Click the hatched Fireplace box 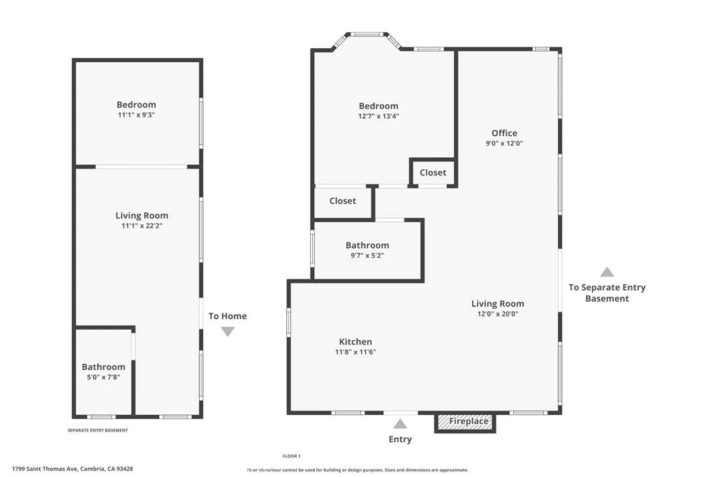click(464, 422)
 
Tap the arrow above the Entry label click(400, 424)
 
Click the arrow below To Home click(228, 332)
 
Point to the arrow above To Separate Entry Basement click(607, 272)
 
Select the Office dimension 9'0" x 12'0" click(504, 143)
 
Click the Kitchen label click(355, 342)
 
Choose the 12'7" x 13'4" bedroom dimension click(378, 117)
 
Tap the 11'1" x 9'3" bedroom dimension click(136, 115)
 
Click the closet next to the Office click(433, 173)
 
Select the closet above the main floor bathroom click(343, 202)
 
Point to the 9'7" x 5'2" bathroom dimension click(367, 256)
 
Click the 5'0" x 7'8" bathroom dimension click(103, 377)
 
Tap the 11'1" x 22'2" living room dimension click(142, 226)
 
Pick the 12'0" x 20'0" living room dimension click(497, 314)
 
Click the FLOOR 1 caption click(291, 456)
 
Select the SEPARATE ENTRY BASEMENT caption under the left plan click(98, 430)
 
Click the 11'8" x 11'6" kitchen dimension click(355, 352)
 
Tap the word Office click(504, 133)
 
